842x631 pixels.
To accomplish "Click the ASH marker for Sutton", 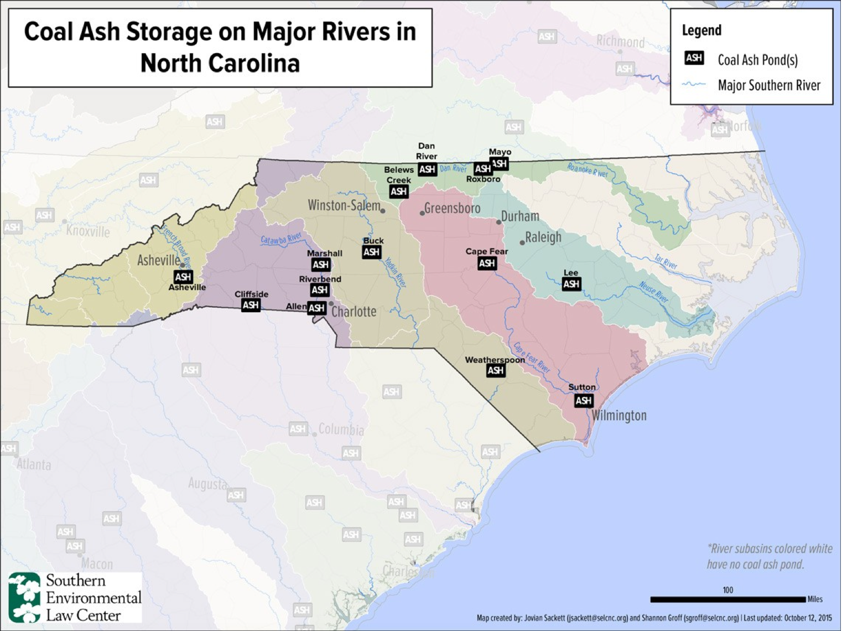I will [x=584, y=400].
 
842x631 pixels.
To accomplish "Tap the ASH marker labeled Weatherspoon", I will [x=496, y=370].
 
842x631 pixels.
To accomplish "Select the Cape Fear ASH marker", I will [x=487, y=263].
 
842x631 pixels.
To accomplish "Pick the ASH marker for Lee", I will [x=571, y=284].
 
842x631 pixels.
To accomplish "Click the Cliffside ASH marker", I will [x=251, y=304].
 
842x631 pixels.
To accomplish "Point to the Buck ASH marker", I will [x=372, y=252].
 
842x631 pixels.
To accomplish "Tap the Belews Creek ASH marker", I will [x=399, y=192].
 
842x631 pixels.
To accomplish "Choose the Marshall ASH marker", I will [x=321, y=265].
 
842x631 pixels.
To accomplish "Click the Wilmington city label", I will [x=619, y=415].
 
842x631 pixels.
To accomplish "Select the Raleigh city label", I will [x=543, y=237].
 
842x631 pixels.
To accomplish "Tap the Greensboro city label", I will [x=452, y=209].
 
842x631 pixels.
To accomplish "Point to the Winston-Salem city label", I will [x=344, y=205].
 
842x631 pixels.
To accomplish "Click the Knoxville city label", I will [x=88, y=230].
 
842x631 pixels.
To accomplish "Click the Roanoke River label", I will [x=588, y=170].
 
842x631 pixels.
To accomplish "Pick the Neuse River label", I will [x=653, y=292].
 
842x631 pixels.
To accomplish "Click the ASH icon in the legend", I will [x=694, y=58].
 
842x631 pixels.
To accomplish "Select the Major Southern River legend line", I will [x=694, y=85].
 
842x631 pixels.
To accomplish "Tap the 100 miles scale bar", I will [x=727, y=599].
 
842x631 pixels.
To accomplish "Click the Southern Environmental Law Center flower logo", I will [x=25, y=597].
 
